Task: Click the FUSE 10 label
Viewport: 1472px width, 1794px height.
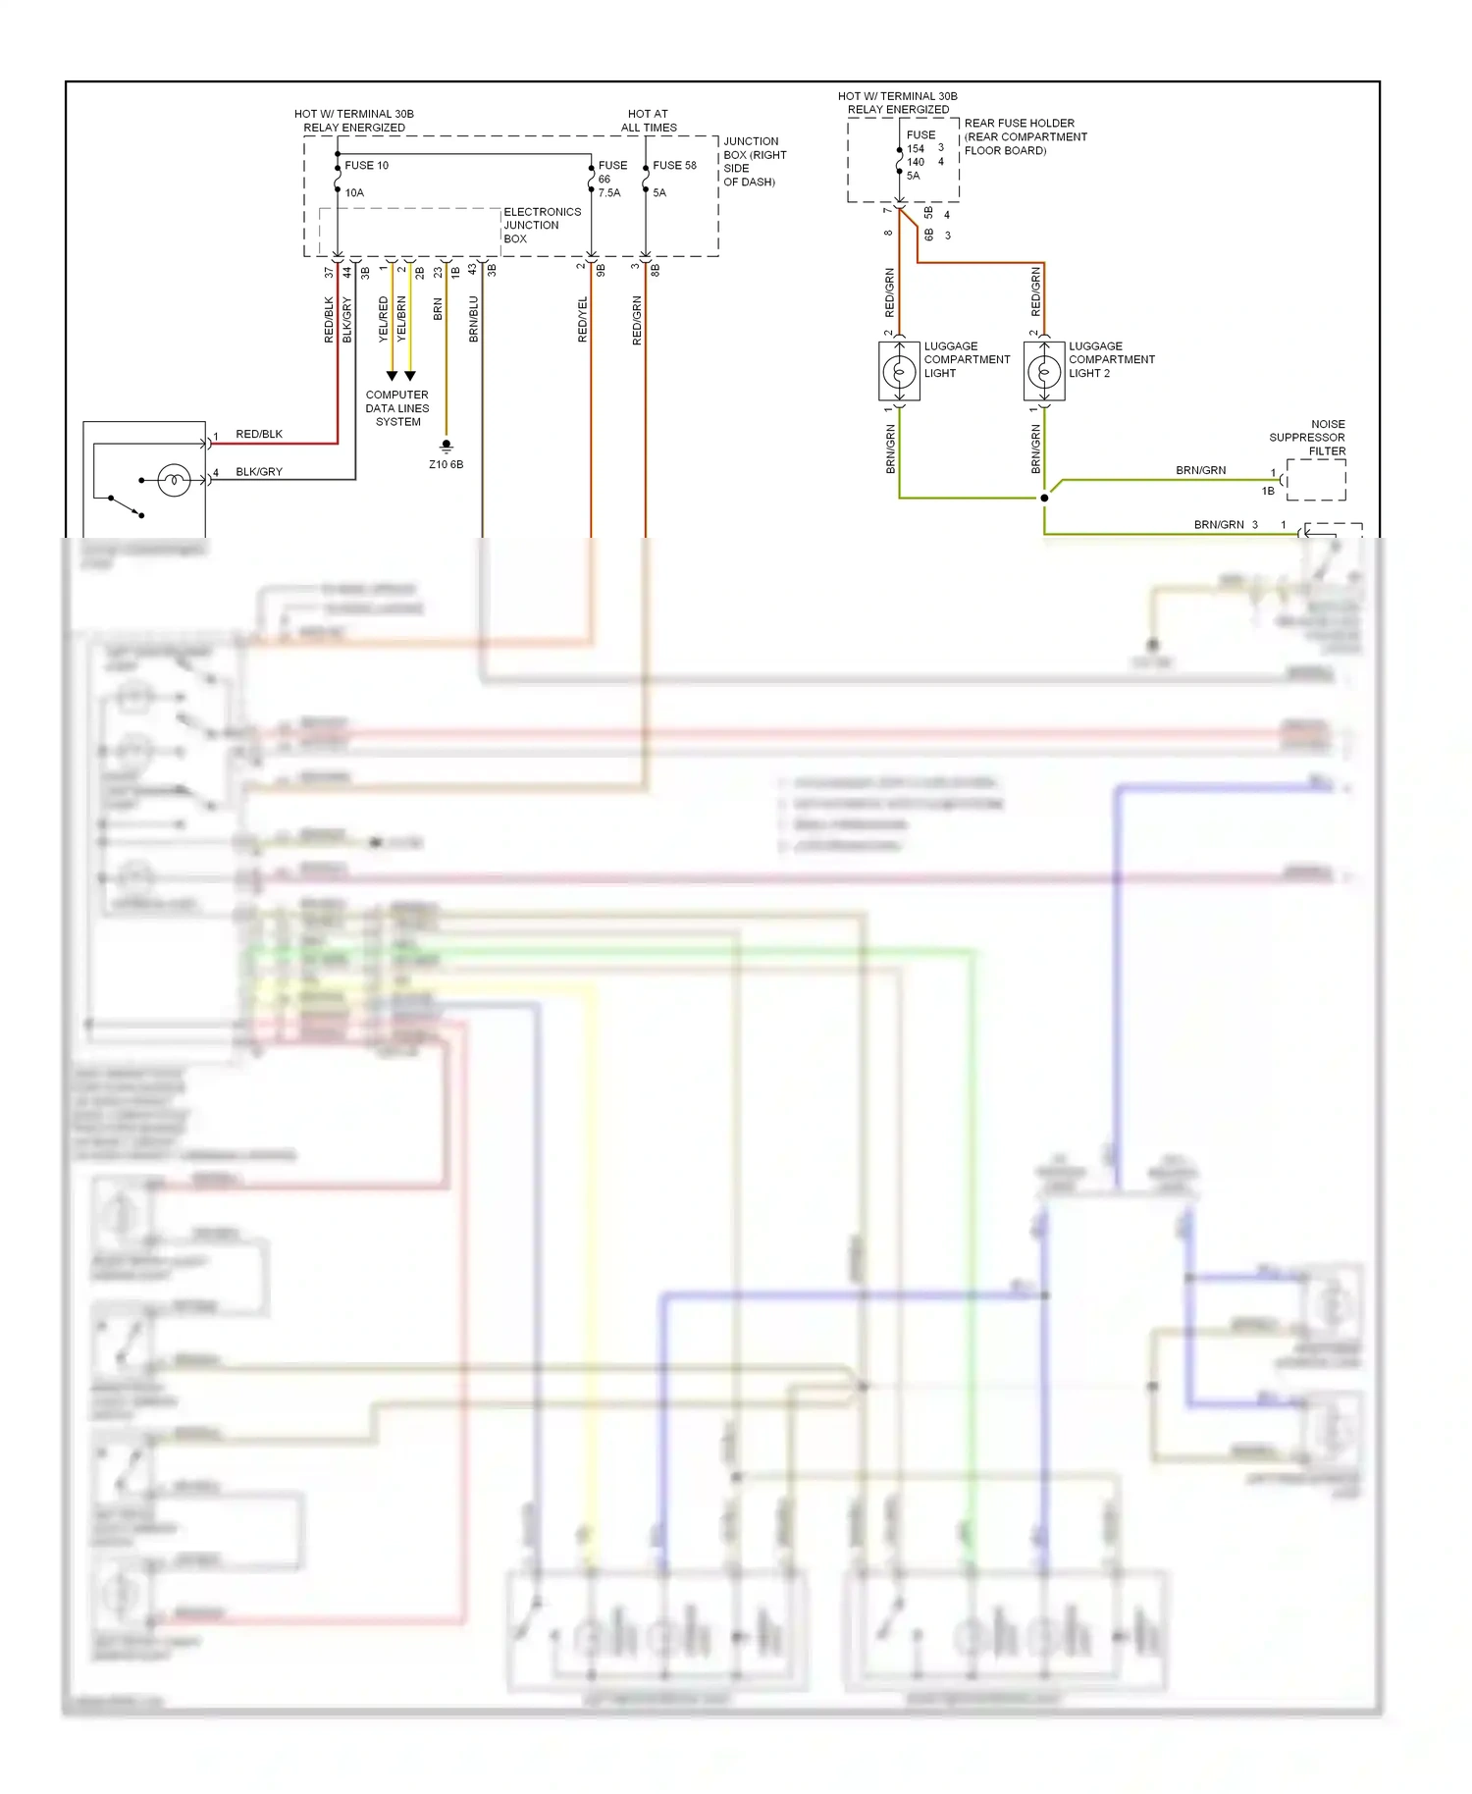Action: [366, 166]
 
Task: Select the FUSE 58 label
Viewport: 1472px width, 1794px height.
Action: [674, 166]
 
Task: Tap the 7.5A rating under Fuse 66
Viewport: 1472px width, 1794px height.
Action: [609, 193]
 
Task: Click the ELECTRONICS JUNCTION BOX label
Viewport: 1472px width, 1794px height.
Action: [542, 226]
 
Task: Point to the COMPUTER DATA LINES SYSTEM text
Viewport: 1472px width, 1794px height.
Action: [397, 408]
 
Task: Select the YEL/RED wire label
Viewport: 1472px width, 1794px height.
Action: [384, 319]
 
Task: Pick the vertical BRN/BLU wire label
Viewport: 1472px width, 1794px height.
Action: [474, 319]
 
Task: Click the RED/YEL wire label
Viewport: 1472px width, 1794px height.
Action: [583, 319]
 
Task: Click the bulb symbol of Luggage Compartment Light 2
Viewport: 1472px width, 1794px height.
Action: [1043, 372]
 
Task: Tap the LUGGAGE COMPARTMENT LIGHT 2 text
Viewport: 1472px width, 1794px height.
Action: [1111, 360]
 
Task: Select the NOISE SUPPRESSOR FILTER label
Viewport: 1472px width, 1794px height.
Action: [1308, 438]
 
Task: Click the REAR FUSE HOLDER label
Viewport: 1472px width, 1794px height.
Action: [1025, 137]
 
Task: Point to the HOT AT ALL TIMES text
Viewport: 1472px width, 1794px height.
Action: [648, 121]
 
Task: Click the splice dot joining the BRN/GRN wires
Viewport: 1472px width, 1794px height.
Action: [1044, 499]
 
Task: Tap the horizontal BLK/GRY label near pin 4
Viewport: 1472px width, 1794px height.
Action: [259, 472]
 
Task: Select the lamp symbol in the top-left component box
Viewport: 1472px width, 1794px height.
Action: [174, 481]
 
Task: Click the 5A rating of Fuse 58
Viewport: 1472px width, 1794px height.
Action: [659, 193]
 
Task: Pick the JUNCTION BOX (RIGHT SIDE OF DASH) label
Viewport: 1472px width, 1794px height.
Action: [754, 162]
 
